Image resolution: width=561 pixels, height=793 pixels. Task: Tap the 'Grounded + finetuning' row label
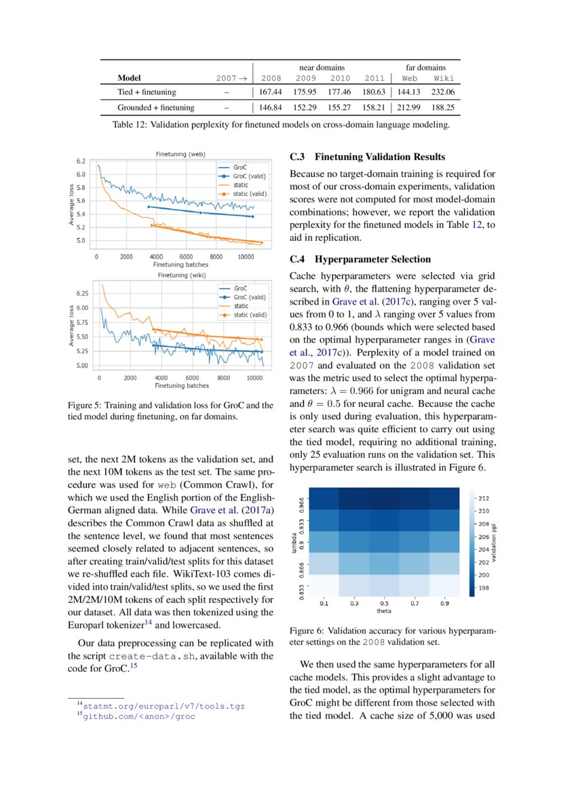[156, 107]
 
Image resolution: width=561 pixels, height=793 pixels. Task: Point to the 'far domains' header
[426, 67]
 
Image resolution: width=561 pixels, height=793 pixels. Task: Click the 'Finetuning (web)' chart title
[180, 154]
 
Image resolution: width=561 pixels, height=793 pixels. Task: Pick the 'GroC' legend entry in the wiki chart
[241, 288]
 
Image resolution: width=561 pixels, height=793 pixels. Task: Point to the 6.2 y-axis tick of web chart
[81, 161]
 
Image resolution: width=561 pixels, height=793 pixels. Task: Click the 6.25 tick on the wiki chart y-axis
[81, 293]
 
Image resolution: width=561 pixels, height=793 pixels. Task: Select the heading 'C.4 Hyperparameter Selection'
[360, 259]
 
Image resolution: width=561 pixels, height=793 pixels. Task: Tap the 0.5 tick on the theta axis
[385, 602]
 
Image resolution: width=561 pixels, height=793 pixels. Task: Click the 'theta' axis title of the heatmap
[384, 611]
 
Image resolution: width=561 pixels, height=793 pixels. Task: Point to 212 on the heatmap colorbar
[493, 498]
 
